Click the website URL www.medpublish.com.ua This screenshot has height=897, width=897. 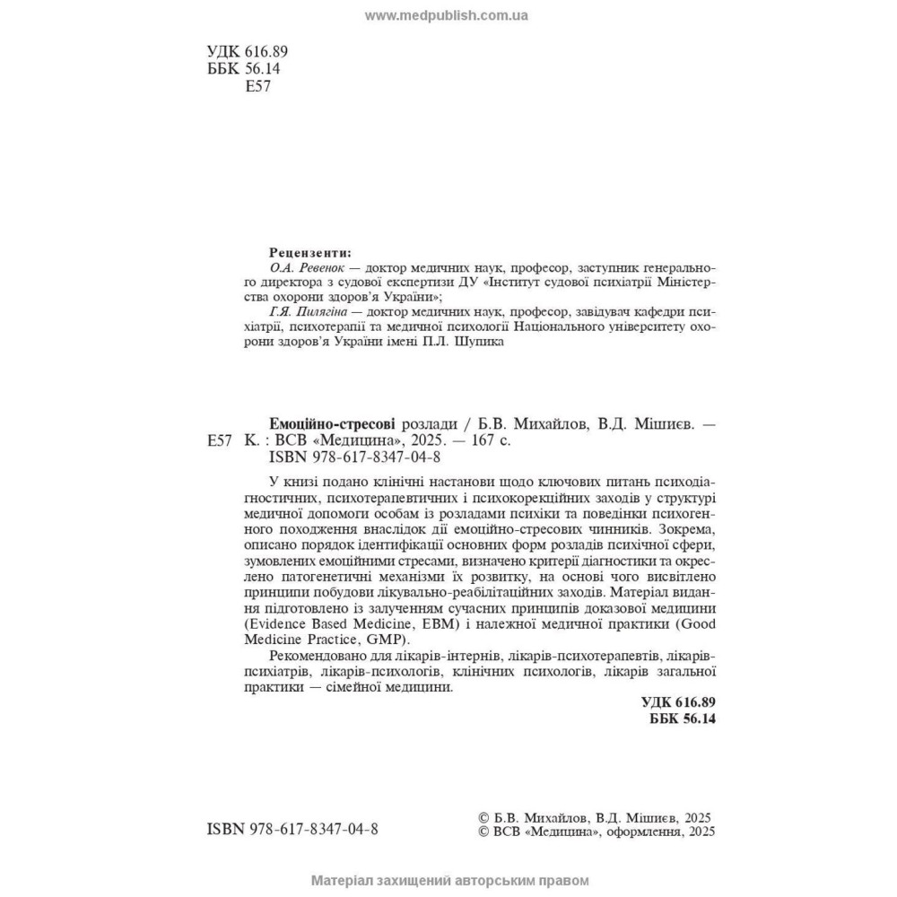(x=447, y=15)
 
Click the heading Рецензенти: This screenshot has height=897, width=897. (x=310, y=252)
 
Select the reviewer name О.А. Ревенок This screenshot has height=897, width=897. (x=307, y=267)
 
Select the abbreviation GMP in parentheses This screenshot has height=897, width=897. (x=388, y=640)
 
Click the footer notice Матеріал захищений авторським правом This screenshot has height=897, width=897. (x=448, y=881)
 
